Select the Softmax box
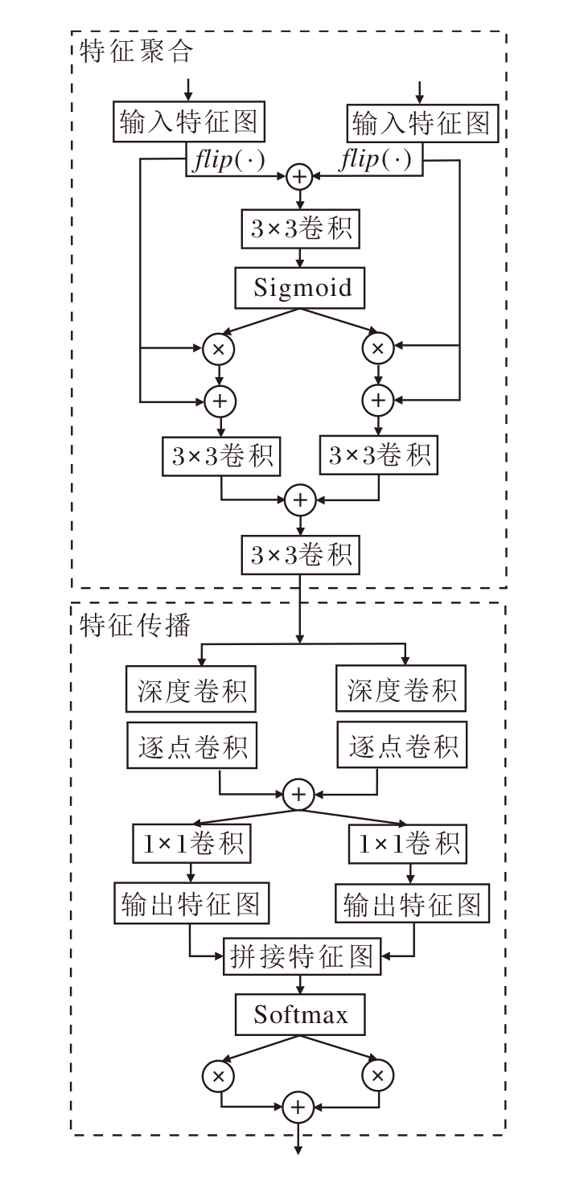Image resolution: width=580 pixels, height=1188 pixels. click(x=301, y=1015)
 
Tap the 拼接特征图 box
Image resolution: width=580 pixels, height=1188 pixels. click(x=301, y=956)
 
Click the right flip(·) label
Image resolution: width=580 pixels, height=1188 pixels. click(x=376, y=160)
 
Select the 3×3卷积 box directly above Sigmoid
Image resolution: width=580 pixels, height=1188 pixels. click(x=301, y=229)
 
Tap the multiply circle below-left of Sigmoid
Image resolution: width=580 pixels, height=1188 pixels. click(x=217, y=348)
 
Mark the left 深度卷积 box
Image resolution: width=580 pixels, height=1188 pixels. click(x=190, y=690)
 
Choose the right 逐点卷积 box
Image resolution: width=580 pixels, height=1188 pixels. click(x=403, y=746)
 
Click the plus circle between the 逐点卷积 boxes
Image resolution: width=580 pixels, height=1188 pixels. click(x=299, y=795)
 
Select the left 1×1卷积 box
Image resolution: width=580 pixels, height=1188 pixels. click(x=190, y=844)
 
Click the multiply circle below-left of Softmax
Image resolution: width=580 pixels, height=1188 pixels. click(x=217, y=1075)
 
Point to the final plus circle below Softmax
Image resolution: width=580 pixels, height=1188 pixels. click(x=299, y=1108)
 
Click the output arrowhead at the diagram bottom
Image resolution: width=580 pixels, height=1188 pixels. click(x=299, y=1150)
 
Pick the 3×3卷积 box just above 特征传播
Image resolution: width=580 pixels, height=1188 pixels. click(x=301, y=554)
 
